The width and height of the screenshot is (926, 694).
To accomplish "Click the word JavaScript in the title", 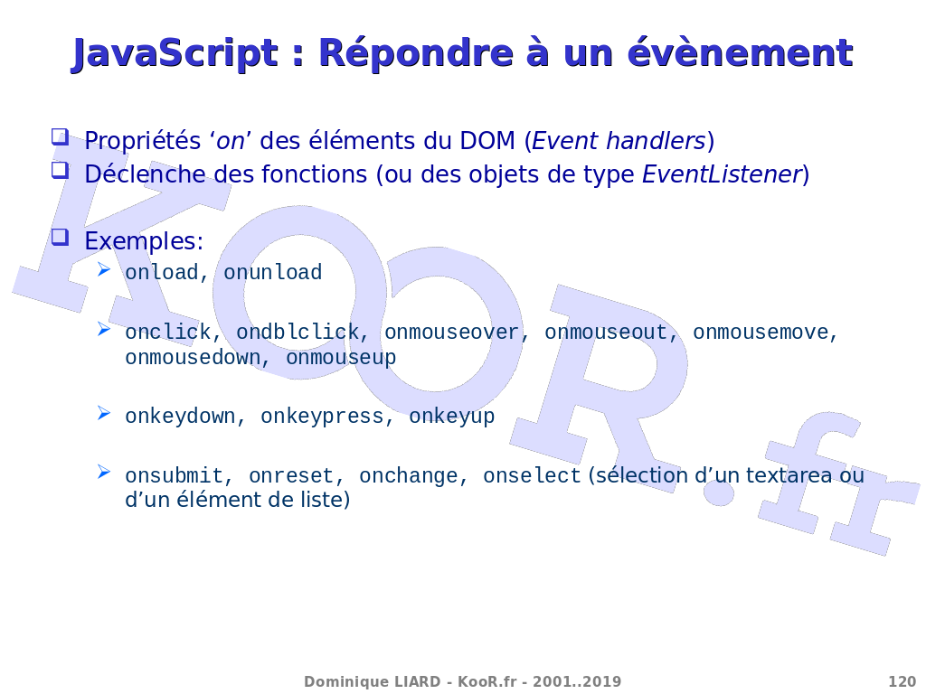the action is pyautogui.click(x=175, y=53).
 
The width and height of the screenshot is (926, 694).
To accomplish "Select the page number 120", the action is pyautogui.click(x=902, y=681).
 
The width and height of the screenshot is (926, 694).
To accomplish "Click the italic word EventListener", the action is pyautogui.click(x=722, y=174).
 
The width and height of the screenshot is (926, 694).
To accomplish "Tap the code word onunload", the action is pyautogui.click(x=272, y=273).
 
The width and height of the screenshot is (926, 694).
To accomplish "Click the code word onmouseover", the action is pyautogui.click(x=451, y=333).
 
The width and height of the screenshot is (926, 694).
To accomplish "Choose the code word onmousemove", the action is pyautogui.click(x=761, y=333).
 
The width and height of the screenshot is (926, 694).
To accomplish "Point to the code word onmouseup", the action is pyautogui.click(x=341, y=358).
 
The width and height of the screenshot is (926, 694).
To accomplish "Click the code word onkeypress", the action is pyautogui.click(x=322, y=417).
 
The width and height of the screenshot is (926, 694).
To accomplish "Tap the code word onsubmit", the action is pyautogui.click(x=174, y=475).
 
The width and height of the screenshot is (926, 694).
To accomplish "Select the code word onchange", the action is pyautogui.click(x=408, y=476).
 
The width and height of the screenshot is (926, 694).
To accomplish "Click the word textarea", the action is pyautogui.click(x=789, y=475).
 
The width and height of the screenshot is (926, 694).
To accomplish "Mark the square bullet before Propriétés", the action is pyautogui.click(x=60, y=137).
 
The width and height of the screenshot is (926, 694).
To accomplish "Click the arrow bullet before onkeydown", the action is pyautogui.click(x=104, y=413).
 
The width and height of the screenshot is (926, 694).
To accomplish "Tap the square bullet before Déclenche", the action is pyautogui.click(x=60, y=171).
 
